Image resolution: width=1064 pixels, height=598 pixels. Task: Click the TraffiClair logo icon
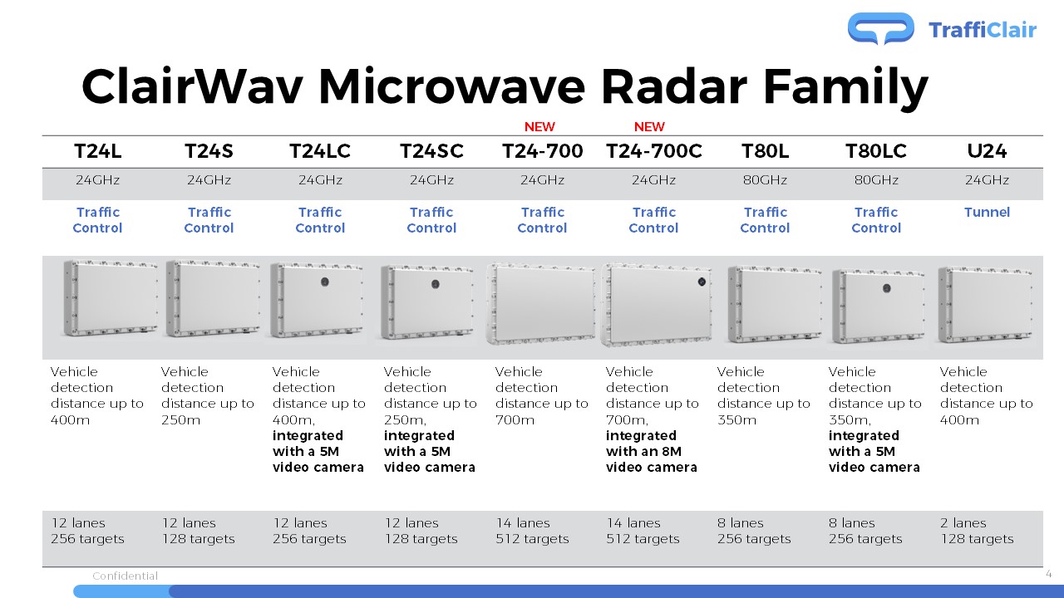coord(880,28)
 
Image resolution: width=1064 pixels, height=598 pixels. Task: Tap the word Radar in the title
coord(674,87)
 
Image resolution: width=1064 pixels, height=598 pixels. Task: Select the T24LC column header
coord(320,151)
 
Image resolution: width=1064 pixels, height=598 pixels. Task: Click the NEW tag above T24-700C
coord(649,127)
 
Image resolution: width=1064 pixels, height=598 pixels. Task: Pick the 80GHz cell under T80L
coord(765,180)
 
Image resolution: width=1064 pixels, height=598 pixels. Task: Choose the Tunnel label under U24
coord(987,212)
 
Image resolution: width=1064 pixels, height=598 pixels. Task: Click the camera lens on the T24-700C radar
coord(702,282)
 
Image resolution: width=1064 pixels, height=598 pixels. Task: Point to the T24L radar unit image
coord(111,298)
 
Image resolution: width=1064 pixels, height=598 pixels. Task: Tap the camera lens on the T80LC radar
coord(886,288)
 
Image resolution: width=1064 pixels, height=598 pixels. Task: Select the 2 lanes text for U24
coord(963,523)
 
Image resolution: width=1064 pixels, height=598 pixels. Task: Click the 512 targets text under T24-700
coord(532,539)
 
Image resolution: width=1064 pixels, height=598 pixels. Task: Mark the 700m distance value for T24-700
coord(515,420)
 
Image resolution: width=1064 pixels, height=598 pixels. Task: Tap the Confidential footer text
coord(125,576)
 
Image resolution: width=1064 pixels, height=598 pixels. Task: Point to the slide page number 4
coord(1049,574)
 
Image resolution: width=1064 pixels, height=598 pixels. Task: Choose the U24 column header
coord(987,151)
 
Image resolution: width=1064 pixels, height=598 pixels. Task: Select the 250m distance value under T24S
coord(180,420)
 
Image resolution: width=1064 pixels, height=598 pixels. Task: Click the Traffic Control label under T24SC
coord(431,220)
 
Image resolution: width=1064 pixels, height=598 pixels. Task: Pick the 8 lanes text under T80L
coord(740,523)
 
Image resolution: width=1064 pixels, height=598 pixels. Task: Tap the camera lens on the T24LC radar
coord(325,282)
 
